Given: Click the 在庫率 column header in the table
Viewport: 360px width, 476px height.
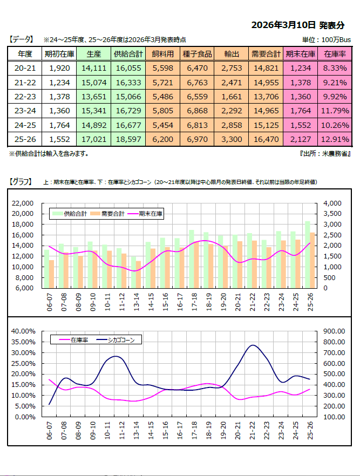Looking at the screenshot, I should tap(335, 54).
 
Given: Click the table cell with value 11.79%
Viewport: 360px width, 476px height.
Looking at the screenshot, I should tap(335, 111).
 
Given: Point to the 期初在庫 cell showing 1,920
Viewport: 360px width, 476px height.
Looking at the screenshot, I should tap(59, 68).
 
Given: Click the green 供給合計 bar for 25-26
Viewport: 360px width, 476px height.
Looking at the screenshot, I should tap(308, 254).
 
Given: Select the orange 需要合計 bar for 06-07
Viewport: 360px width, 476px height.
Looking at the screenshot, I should tap(51, 274).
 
